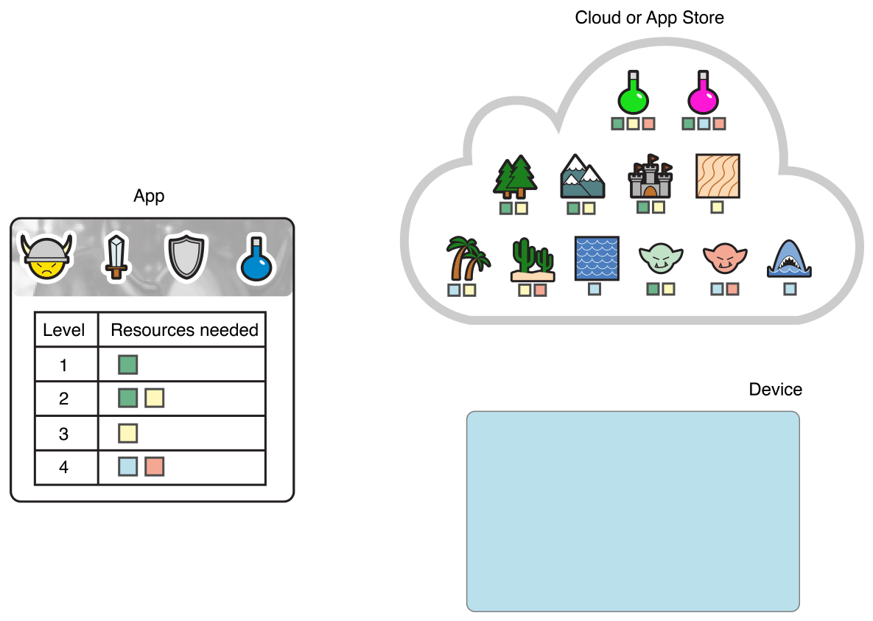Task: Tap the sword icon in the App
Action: pyautogui.click(x=116, y=256)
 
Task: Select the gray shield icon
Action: pyautogui.click(x=183, y=257)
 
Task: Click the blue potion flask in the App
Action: pyautogui.click(x=256, y=259)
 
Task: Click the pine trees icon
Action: pyautogui.click(x=515, y=178)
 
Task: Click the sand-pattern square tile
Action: pyautogui.click(x=717, y=176)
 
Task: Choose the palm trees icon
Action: pyautogui.click(x=467, y=259)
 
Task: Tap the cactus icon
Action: pyautogui.click(x=532, y=260)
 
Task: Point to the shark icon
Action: pyautogui.click(x=789, y=259)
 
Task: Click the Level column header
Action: pyautogui.click(x=64, y=330)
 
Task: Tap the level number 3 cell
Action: pyautogui.click(x=64, y=434)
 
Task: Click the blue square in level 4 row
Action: pyautogui.click(x=128, y=466)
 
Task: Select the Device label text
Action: pyautogui.click(x=775, y=389)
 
